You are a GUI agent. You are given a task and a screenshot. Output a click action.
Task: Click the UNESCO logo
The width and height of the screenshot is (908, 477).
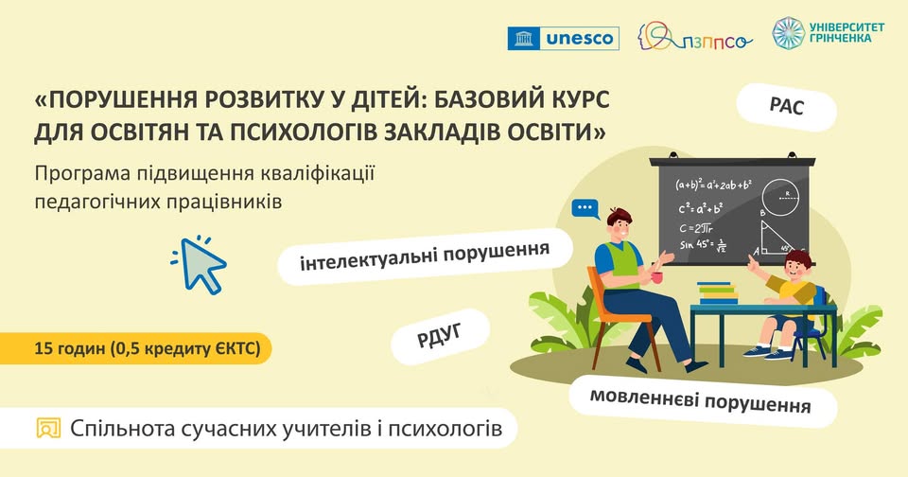[x=563, y=38]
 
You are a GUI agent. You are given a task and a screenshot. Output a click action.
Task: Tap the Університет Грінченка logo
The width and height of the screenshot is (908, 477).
[x=828, y=33]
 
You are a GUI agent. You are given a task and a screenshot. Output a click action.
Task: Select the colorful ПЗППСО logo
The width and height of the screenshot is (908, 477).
[x=695, y=38]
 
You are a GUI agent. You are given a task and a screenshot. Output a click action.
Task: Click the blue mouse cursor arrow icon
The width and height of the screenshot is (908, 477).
[x=201, y=263]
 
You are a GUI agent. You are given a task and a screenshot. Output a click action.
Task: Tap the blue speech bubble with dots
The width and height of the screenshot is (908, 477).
[x=585, y=207]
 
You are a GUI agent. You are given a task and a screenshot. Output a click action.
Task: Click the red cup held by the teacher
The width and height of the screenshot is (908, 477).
[x=655, y=277]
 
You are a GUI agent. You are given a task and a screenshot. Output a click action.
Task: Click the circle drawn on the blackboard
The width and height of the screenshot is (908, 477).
[x=784, y=196]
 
